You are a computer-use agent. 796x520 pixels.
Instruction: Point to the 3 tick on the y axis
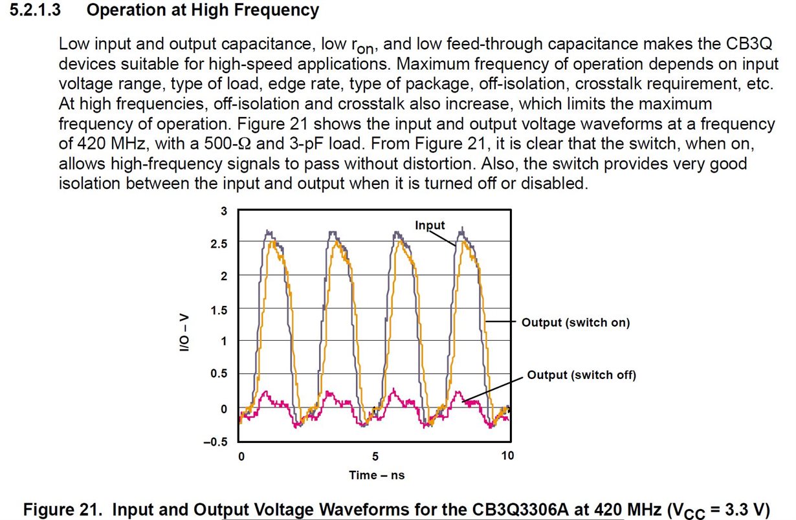[x=224, y=211]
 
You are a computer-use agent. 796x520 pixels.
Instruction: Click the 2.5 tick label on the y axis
[x=220, y=243]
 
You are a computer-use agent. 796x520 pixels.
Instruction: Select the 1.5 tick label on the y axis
[x=220, y=310]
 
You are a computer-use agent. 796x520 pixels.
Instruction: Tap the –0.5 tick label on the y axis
[x=217, y=442]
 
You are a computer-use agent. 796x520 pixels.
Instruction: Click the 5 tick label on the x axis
[x=375, y=456]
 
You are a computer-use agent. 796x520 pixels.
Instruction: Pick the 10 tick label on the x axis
[x=508, y=456]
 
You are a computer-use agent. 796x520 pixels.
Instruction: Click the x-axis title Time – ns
[x=377, y=475]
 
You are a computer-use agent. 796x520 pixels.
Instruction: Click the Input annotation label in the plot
[x=430, y=225]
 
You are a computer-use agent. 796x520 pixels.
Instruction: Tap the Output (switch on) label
[x=575, y=322]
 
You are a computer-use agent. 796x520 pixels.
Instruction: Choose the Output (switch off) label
[x=581, y=375]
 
